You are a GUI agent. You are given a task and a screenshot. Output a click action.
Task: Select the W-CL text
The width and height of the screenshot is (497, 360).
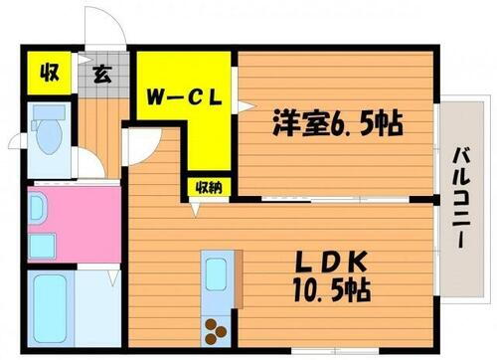pos(184,97)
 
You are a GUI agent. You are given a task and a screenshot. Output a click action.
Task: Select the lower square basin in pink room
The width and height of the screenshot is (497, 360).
pos(42,245)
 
